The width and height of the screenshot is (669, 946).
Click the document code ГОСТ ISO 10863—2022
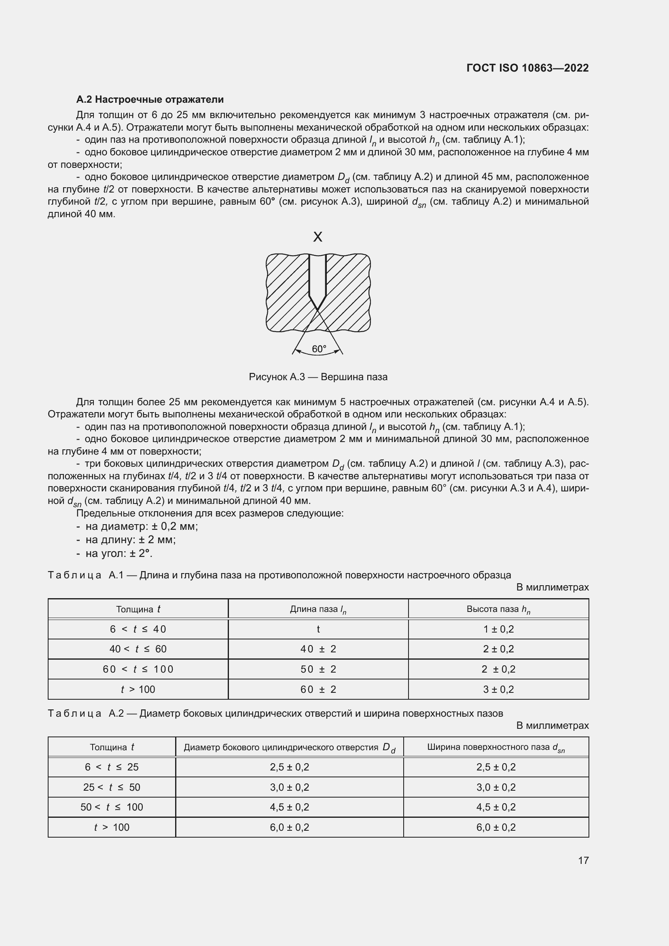(x=527, y=68)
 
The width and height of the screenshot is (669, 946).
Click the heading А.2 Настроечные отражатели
(x=150, y=99)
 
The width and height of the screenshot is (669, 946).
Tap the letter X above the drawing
(x=318, y=237)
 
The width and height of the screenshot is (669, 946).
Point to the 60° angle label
(x=318, y=349)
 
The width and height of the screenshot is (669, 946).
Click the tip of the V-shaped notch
(x=318, y=309)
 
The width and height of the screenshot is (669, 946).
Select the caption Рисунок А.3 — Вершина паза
(x=318, y=377)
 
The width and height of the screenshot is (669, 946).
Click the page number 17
(x=583, y=860)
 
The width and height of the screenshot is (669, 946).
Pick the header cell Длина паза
(x=318, y=610)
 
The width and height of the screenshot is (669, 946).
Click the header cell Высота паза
(x=498, y=610)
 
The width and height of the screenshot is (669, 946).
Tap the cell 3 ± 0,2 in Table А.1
(x=498, y=689)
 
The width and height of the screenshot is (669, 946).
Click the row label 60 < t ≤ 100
(x=138, y=669)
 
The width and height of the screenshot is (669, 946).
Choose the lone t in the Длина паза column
(x=318, y=629)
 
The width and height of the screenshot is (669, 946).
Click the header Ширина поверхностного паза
(x=495, y=747)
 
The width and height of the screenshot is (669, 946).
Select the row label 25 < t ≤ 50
(x=112, y=787)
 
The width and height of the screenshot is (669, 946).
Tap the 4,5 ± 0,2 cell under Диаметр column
(x=289, y=807)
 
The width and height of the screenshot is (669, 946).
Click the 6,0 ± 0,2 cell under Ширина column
(x=495, y=827)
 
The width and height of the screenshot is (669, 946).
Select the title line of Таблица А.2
(x=275, y=713)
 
